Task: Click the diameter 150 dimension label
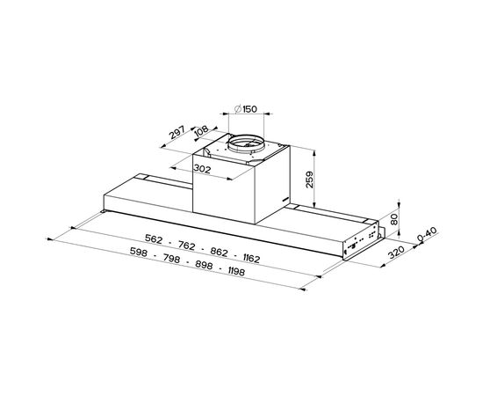tap(246, 109)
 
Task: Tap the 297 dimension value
tap(177, 132)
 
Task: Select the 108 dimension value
tap(202, 131)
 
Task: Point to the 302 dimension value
tap(202, 169)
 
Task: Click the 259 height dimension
tap(309, 180)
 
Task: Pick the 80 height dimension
tap(394, 219)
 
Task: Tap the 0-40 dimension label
tap(428, 234)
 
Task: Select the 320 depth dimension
tap(396, 253)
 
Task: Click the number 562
tap(154, 238)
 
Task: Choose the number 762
tap(187, 246)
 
